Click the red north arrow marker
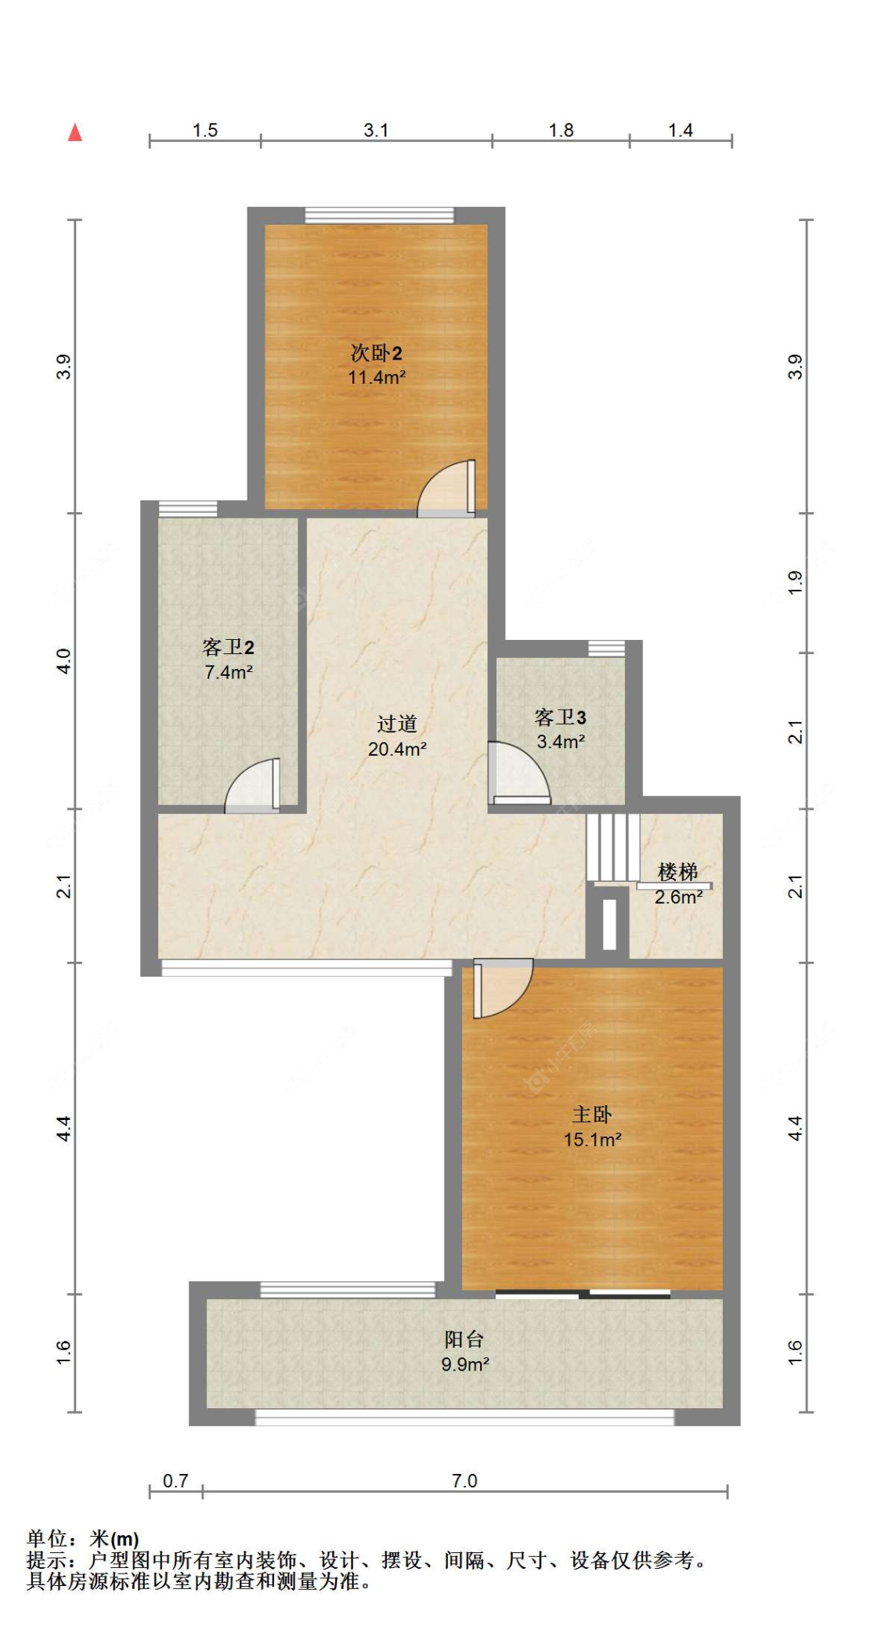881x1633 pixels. pos(75,132)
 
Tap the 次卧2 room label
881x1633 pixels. pos(376,352)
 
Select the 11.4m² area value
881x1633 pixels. pos(377,378)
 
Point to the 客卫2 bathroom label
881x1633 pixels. pos(228,647)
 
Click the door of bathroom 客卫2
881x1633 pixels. pos(253,786)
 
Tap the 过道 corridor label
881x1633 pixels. pos(397,724)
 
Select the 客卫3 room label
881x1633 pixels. pos(560,717)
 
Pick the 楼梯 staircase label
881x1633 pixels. pos(677,871)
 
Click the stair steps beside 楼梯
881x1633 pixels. pos(613,847)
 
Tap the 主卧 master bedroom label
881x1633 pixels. pos(592,1114)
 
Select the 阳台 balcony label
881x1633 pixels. pos(464,1339)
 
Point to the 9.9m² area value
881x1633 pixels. pos(465,1364)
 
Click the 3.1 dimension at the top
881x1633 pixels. pos(376,130)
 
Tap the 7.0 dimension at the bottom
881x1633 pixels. pos(464,1480)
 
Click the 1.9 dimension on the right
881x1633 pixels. pos(795,582)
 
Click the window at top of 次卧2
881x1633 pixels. pos(379,215)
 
